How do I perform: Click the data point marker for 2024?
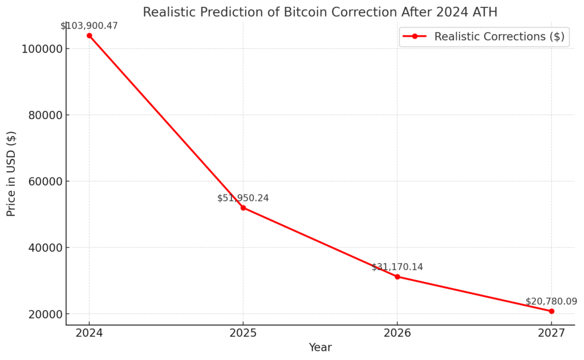89,35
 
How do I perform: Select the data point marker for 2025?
243,208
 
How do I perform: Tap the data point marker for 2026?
398,277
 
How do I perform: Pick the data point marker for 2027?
551,311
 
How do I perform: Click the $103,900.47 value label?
89,26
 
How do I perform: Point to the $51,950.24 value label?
243,198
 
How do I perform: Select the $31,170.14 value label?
398,267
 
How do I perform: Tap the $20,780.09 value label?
551,301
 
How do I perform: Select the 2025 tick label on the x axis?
243,333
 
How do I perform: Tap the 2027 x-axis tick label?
551,333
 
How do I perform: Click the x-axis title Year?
320,347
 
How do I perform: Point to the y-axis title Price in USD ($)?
11,173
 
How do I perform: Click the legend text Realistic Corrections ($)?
499,37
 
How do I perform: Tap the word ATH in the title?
485,11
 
